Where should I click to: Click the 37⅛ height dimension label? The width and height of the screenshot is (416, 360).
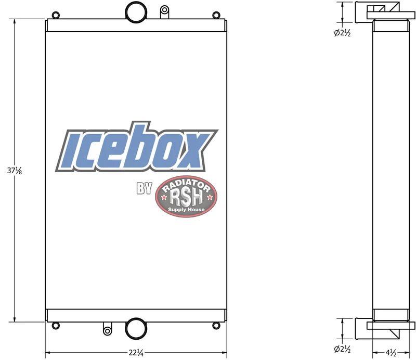pyautogui.click(x=15, y=171)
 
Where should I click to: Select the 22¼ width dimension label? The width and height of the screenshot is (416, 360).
pyautogui.click(x=136, y=353)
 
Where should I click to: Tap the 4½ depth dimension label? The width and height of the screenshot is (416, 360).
pyautogui.click(x=391, y=353)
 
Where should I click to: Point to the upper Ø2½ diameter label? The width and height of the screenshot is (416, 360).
pyautogui.click(x=342, y=33)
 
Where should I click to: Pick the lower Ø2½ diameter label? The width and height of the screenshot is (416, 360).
pyautogui.click(x=342, y=349)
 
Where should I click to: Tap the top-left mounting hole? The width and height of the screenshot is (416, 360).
pyautogui.click(x=56, y=15)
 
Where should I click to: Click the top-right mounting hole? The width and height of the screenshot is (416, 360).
pyautogui.click(x=216, y=15)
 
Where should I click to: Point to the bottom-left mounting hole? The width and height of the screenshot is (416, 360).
pyautogui.click(x=56, y=326)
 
